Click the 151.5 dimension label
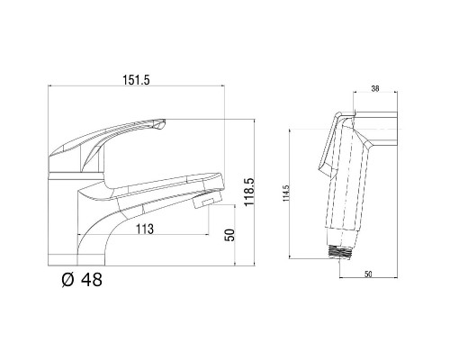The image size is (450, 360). point(136,80)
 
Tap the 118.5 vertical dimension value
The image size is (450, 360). point(249,192)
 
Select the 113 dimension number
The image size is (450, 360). point(145,229)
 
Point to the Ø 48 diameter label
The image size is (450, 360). point(82,280)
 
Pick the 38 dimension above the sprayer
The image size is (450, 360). point(375,88)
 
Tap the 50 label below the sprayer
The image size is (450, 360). point(368,274)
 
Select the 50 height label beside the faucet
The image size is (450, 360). point(229,235)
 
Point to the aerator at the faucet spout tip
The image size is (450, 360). point(207,200)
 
